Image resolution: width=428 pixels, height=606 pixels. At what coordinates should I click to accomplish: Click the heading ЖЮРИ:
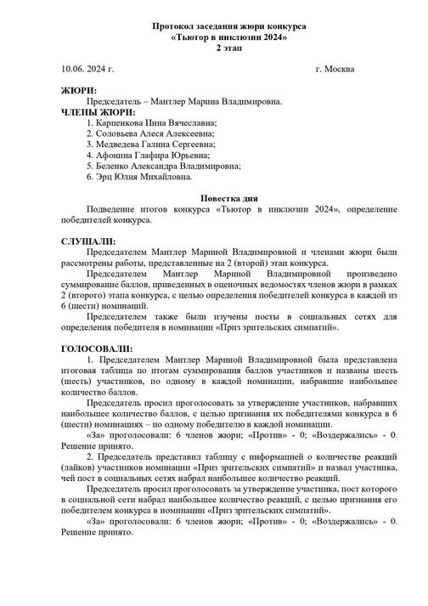pos(79,90)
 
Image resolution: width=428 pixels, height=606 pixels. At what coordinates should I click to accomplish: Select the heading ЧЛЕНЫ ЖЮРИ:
pos(99,111)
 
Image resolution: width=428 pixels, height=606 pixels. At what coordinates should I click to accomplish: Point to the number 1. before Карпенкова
pos(89,122)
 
